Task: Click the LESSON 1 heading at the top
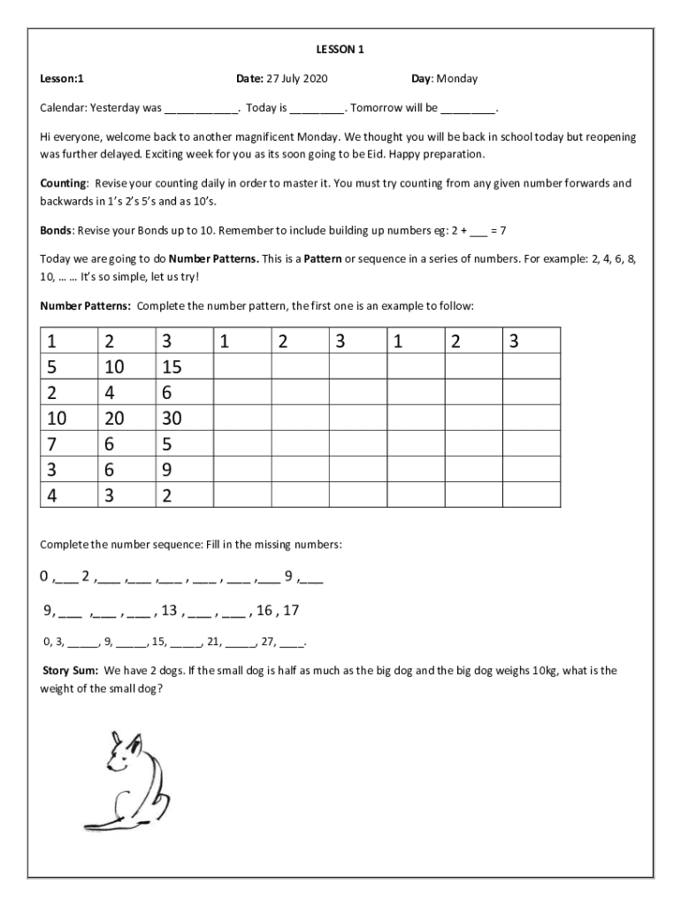pos(340,50)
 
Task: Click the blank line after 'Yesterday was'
pos(201,109)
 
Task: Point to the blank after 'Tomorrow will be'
pos(469,109)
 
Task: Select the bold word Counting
pos(63,183)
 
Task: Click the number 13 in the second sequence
pos(170,610)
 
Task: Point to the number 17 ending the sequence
pos(290,610)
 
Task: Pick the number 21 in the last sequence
pos(215,641)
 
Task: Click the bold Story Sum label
pos(71,671)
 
